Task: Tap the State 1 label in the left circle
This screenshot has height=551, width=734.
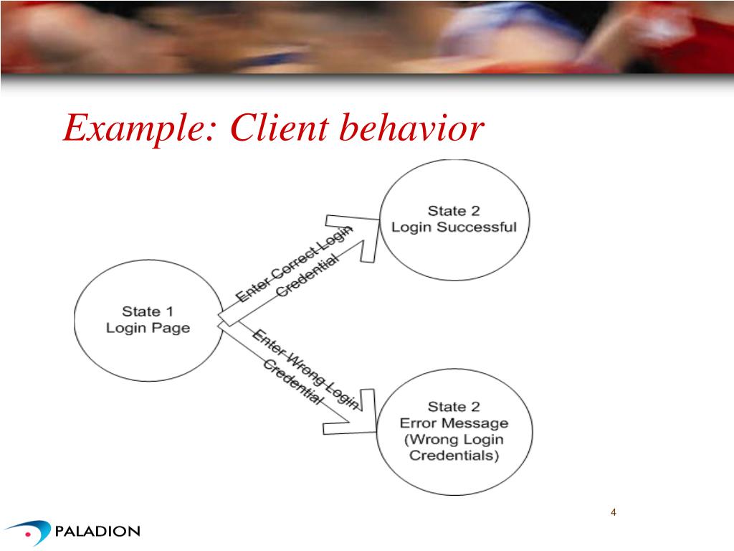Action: (148, 311)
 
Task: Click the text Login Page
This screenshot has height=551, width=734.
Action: (148, 328)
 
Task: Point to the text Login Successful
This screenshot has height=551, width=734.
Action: (454, 227)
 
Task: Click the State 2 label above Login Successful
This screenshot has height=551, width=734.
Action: (454, 211)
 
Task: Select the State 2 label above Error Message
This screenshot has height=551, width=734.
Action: (454, 407)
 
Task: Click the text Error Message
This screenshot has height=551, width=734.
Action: (454, 423)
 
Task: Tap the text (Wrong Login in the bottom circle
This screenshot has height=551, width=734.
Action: (454, 439)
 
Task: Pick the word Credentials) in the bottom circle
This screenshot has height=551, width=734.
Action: (454, 456)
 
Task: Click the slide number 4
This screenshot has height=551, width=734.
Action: (614, 512)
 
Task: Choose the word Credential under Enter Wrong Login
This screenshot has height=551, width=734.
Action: (292, 382)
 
